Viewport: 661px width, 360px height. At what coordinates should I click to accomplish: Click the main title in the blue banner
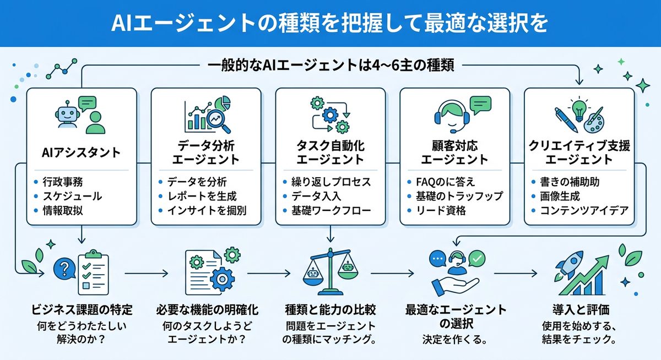click(330, 23)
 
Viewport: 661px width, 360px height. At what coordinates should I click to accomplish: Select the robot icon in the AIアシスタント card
click(66, 114)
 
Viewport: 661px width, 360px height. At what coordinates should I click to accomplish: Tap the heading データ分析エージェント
click(206, 154)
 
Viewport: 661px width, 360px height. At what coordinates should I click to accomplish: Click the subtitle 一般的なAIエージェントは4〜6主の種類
click(330, 66)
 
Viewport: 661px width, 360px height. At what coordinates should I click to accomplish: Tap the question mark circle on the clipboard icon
click(64, 269)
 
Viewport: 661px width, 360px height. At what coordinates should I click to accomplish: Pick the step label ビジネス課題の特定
click(81, 309)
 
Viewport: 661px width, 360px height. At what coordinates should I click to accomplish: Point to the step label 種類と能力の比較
click(329, 309)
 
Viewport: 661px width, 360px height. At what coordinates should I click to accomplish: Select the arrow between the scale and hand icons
click(392, 272)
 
